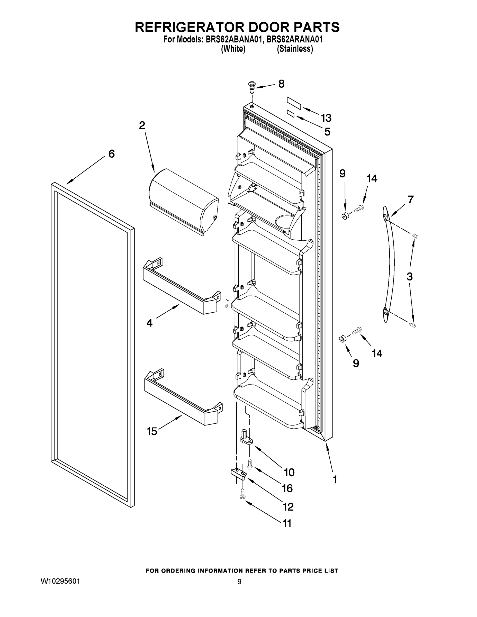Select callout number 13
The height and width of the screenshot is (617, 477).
click(x=326, y=118)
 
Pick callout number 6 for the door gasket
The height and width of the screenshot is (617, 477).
click(x=112, y=154)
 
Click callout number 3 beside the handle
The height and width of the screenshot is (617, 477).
click(x=409, y=277)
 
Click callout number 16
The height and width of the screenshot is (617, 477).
click(x=287, y=488)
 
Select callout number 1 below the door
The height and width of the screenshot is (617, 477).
click(x=335, y=479)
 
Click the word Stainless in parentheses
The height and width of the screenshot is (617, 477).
click(x=295, y=49)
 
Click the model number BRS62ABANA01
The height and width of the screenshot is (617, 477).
click(x=232, y=40)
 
